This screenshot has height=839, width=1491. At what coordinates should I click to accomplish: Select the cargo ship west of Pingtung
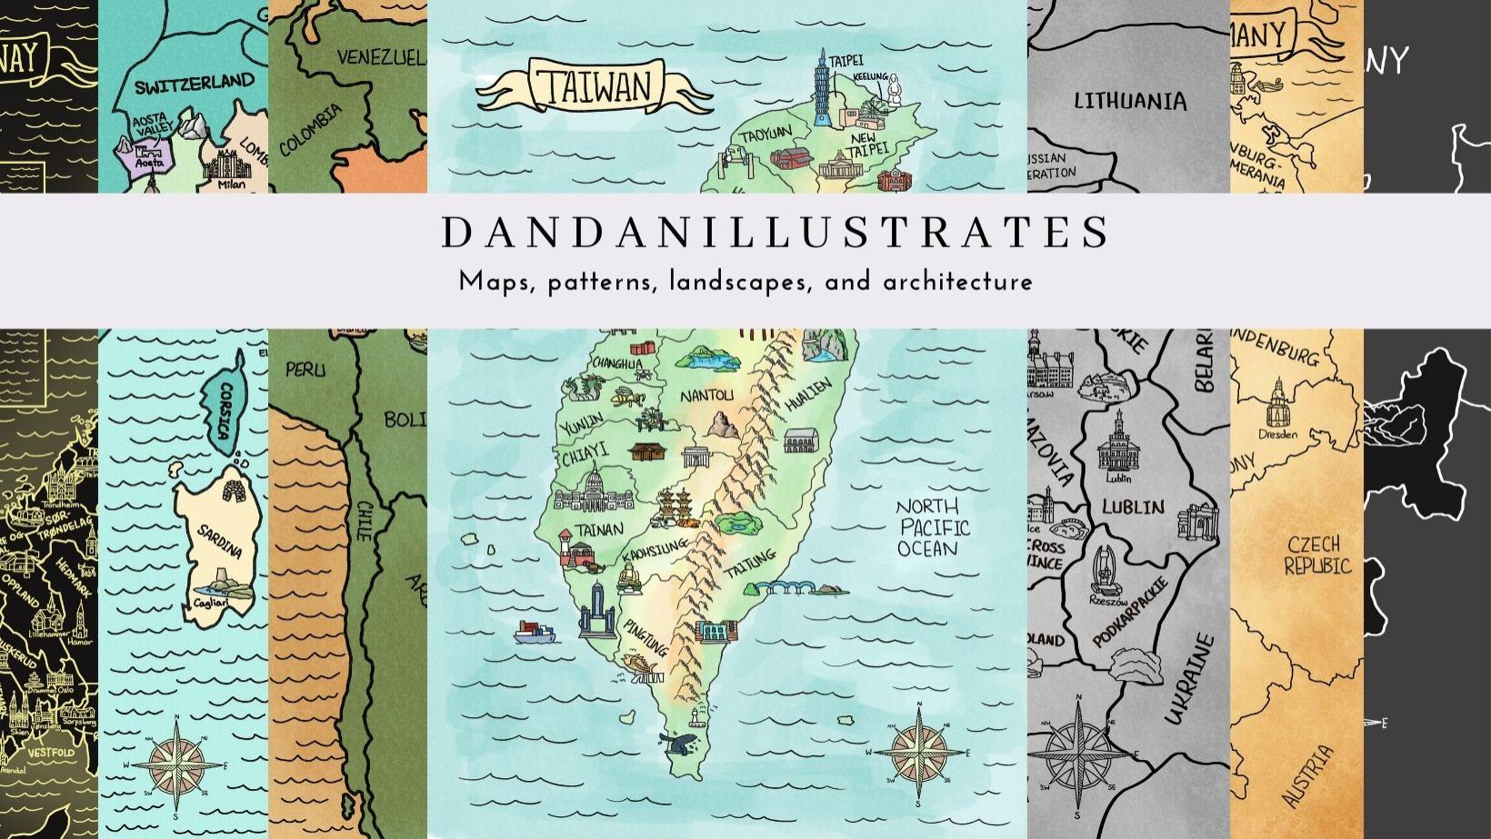pos(536,631)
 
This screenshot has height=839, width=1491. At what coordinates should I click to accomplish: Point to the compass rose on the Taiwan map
pos(919,752)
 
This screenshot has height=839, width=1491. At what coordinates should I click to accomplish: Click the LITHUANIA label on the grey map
pos(1130,101)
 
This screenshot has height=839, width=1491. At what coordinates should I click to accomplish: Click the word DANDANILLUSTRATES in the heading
pos(776,233)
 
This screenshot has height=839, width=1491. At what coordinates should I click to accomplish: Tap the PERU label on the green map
pos(305,370)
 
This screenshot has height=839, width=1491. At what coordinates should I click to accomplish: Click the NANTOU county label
pos(706,395)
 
